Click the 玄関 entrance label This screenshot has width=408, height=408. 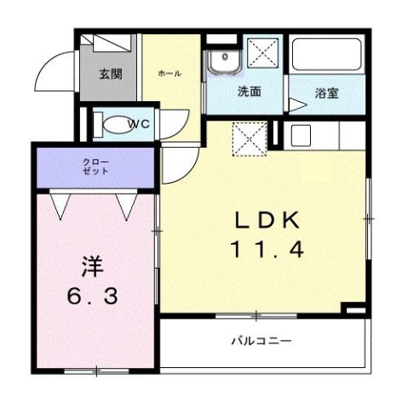[x=110, y=74]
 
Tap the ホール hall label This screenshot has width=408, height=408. [x=169, y=73]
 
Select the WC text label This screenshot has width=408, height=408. [x=141, y=125]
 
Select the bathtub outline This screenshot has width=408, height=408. [x=326, y=57]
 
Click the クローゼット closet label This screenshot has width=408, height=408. [x=96, y=165]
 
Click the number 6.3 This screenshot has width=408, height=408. [x=93, y=298]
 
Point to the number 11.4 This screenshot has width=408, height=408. [x=267, y=251]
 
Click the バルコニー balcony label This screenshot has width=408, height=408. [x=261, y=341]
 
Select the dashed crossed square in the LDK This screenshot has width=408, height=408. [x=250, y=139]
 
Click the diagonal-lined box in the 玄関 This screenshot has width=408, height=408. [x=109, y=43]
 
